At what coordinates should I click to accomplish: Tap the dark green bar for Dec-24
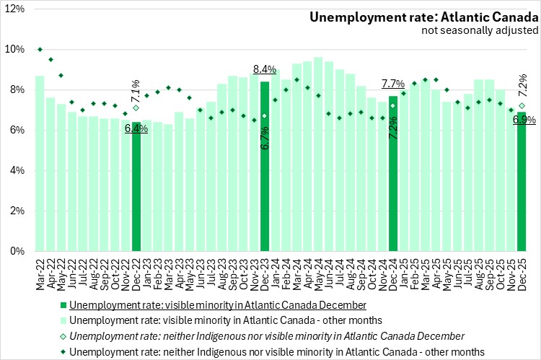coord(393,180)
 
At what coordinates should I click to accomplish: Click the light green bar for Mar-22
coord(40,166)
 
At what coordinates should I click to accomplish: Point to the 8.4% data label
coord(265,70)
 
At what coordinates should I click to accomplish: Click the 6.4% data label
coord(136,128)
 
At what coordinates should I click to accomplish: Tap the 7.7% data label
coord(393,84)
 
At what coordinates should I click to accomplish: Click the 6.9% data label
coord(524,120)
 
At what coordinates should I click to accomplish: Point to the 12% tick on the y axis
coord(15,9)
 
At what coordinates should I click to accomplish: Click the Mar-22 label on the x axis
coord(40,268)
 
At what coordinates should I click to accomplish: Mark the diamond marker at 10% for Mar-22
coord(40,49)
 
